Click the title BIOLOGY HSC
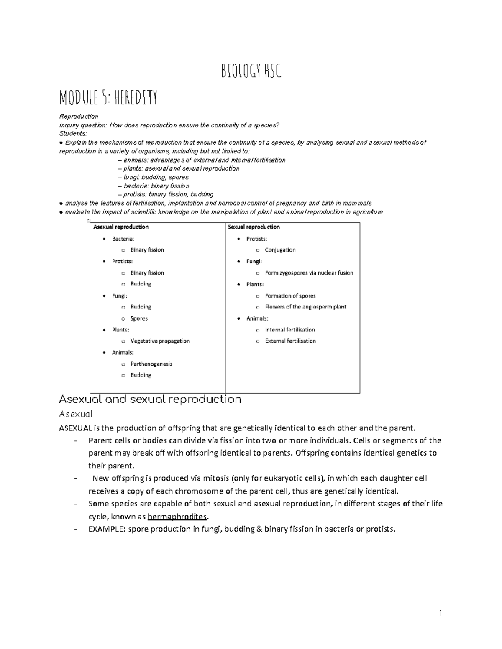coord(251,72)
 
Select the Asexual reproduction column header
coord(120,227)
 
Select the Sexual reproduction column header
coord(254,227)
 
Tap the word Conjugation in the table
coord(280,250)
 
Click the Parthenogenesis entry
coord(151,364)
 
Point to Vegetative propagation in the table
coord(160,341)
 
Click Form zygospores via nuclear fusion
coord(309,273)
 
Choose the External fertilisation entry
coord(290,341)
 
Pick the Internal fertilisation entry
coord(290,330)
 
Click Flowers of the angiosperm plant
coord(305,307)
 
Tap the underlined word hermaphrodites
coord(177,517)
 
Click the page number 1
coord(440,613)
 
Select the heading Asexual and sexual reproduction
coord(150,399)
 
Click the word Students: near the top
coord(73,134)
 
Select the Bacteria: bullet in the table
coord(123,239)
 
